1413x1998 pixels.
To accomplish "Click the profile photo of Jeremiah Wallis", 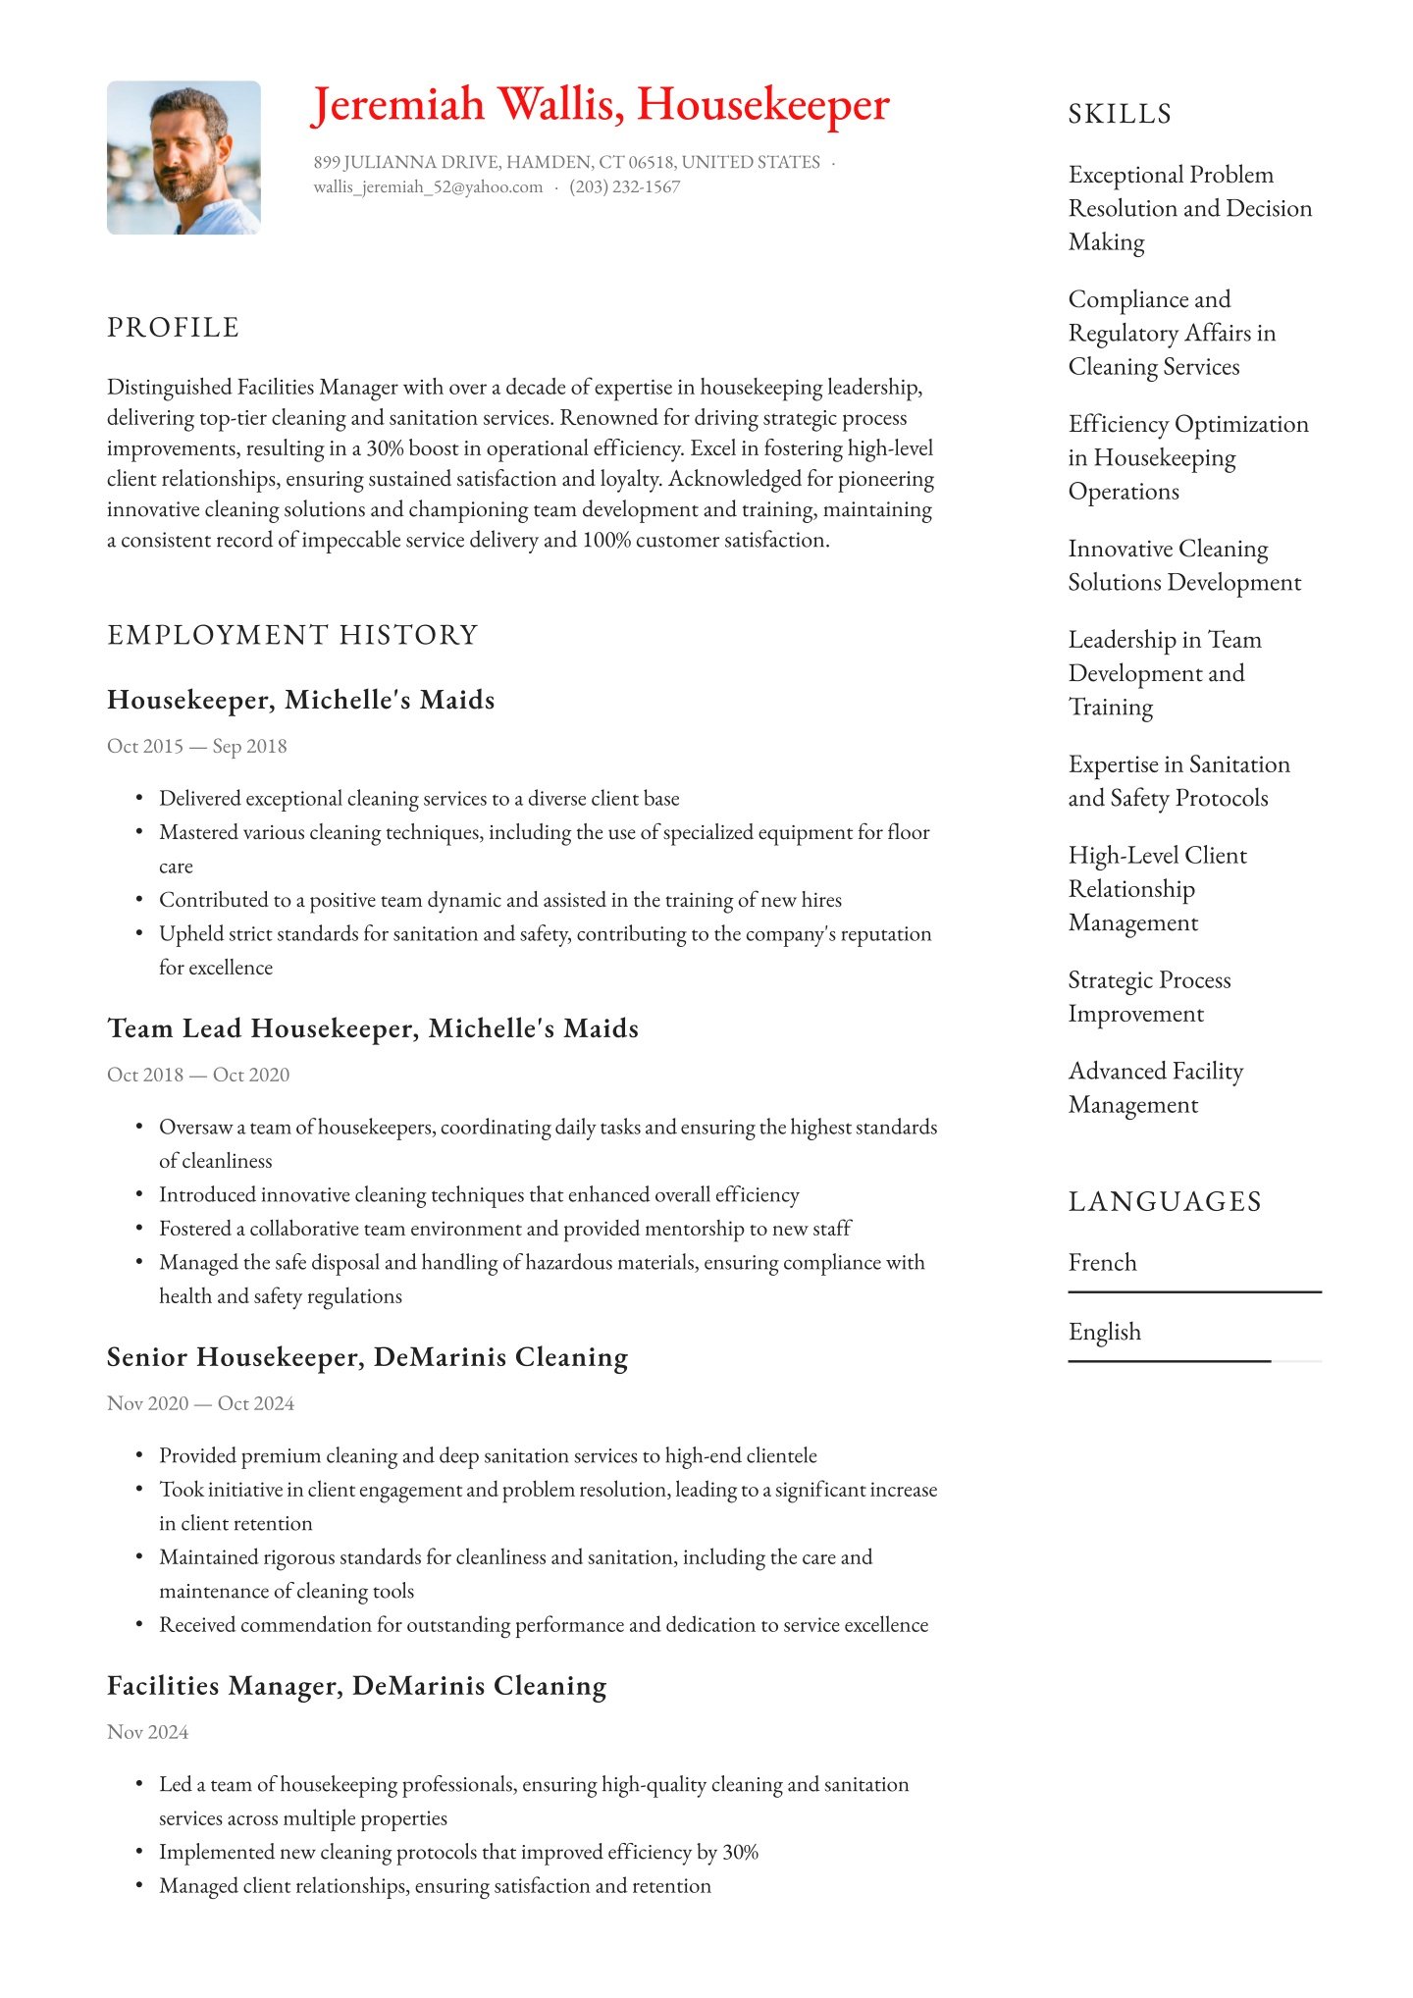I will pyautogui.click(x=183, y=157).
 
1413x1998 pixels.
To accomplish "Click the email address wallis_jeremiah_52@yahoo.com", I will pyautogui.click(x=428, y=187).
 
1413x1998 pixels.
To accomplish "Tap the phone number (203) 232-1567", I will pyautogui.click(x=624, y=187).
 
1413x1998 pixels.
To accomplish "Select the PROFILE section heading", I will pyautogui.click(x=173, y=328).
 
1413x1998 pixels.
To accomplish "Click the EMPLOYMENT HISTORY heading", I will pyautogui.click(x=292, y=635).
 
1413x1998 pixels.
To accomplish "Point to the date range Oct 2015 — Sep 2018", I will pyautogui.click(x=196, y=746).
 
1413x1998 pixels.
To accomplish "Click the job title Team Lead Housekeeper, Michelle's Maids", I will pyautogui.click(x=373, y=1028).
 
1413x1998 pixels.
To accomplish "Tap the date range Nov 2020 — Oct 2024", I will pyautogui.click(x=200, y=1403).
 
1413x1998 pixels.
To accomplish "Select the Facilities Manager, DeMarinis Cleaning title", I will pyautogui.click(x=356, y=1686).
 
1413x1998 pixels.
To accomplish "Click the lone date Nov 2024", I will pyautogui.click(x=147, y=1732).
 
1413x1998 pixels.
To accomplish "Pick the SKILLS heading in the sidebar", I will pyautogui.click(x=1120, y=114).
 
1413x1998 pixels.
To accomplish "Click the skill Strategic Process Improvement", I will pyautogui.click(x=1148, y=996).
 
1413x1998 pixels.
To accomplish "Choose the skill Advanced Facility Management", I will pyautogui.click(x=1155, y=1087).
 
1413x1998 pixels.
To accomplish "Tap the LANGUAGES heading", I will pyautogui.click(x=1165, y=1201).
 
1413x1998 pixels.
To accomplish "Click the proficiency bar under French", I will pyautogui.click(x=1194, y=1292).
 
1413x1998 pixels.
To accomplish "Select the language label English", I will pyautogui.click(x=1104, y=1332).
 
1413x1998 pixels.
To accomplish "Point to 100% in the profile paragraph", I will pyautogui.click(x=606, y=540).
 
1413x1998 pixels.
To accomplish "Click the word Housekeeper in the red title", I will pyautogui.click(x=762, y=104).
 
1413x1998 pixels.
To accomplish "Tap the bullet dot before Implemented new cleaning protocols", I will pyautogui.click(x=139, y=1852).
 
